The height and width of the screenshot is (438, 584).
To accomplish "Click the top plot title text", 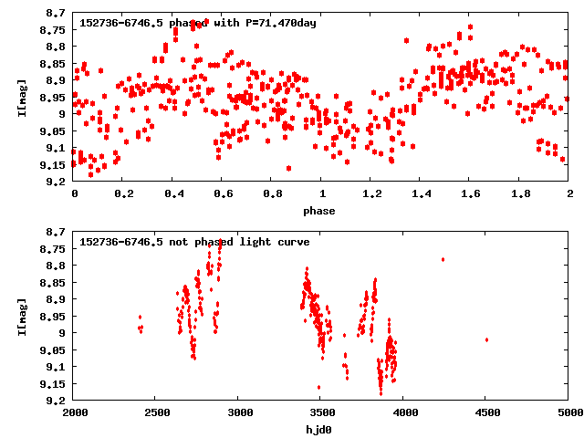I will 198,23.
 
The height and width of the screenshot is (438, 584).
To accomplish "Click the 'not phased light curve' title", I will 194,242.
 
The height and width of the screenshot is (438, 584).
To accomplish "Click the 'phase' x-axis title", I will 321,211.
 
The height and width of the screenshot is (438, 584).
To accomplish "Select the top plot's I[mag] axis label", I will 23,97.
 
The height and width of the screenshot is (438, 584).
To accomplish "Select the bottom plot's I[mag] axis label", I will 23,316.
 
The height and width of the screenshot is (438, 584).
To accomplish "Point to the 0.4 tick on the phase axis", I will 173,193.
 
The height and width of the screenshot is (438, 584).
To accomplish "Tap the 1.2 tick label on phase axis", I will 371,193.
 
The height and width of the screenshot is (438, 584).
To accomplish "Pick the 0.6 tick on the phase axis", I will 223,193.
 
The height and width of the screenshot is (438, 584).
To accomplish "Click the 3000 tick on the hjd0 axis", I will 239,412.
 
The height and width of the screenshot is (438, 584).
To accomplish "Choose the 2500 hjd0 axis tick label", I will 157,412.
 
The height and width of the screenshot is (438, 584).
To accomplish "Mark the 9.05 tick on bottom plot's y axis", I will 54,349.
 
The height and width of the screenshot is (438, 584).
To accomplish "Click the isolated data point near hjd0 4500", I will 487,339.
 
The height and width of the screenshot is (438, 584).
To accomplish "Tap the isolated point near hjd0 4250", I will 443,259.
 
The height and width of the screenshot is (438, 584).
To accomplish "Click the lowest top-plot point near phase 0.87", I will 288,168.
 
